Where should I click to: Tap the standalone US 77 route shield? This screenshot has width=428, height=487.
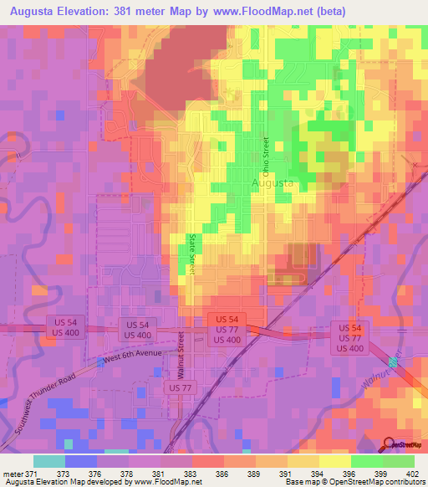click(180, 387)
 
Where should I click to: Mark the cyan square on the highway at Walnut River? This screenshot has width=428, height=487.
click(394, 361)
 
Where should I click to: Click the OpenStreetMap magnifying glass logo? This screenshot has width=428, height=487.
click(388, 443)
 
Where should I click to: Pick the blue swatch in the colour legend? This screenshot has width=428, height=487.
click(80, 461)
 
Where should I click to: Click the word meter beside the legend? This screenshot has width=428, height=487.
click(13, 474)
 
